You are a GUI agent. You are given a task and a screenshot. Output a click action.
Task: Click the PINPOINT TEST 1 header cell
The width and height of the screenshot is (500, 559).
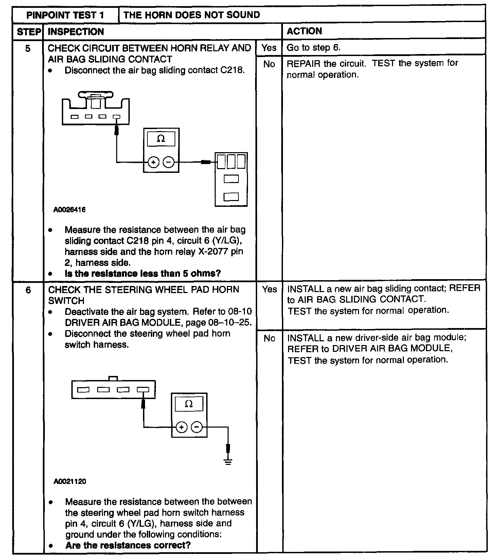tap(65, 15)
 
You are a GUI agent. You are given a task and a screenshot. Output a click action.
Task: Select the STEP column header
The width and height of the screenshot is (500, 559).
tap(29, 32)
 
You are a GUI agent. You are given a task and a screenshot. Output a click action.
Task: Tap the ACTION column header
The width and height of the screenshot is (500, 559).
tap(304, 31)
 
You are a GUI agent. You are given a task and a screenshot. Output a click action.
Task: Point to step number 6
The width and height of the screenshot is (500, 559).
tap(28, 290)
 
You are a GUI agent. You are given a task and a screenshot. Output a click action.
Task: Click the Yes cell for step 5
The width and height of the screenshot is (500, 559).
tap(269, 48)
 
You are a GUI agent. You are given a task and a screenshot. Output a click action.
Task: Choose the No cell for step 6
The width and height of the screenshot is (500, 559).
tap(269, 338)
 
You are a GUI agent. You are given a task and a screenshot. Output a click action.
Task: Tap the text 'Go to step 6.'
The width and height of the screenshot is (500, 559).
tap(313, 48)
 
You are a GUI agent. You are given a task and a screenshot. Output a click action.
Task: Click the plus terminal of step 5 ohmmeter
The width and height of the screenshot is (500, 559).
tap(153, 162)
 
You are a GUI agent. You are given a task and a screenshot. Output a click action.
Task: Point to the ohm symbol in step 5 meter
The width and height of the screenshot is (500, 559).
tap(161, 139)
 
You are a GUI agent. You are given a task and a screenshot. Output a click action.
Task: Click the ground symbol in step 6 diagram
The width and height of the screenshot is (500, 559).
tap(228, 461)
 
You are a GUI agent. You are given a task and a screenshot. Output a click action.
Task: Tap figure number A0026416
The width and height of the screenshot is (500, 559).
tap(70, 210)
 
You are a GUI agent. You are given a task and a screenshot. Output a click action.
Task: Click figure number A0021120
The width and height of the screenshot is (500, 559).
tap(70, 481)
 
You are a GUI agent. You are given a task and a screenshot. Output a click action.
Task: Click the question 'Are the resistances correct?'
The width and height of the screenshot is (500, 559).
tap(128, 545)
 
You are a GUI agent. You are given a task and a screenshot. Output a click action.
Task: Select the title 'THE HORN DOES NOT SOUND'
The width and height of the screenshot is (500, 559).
tap(192, 15)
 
